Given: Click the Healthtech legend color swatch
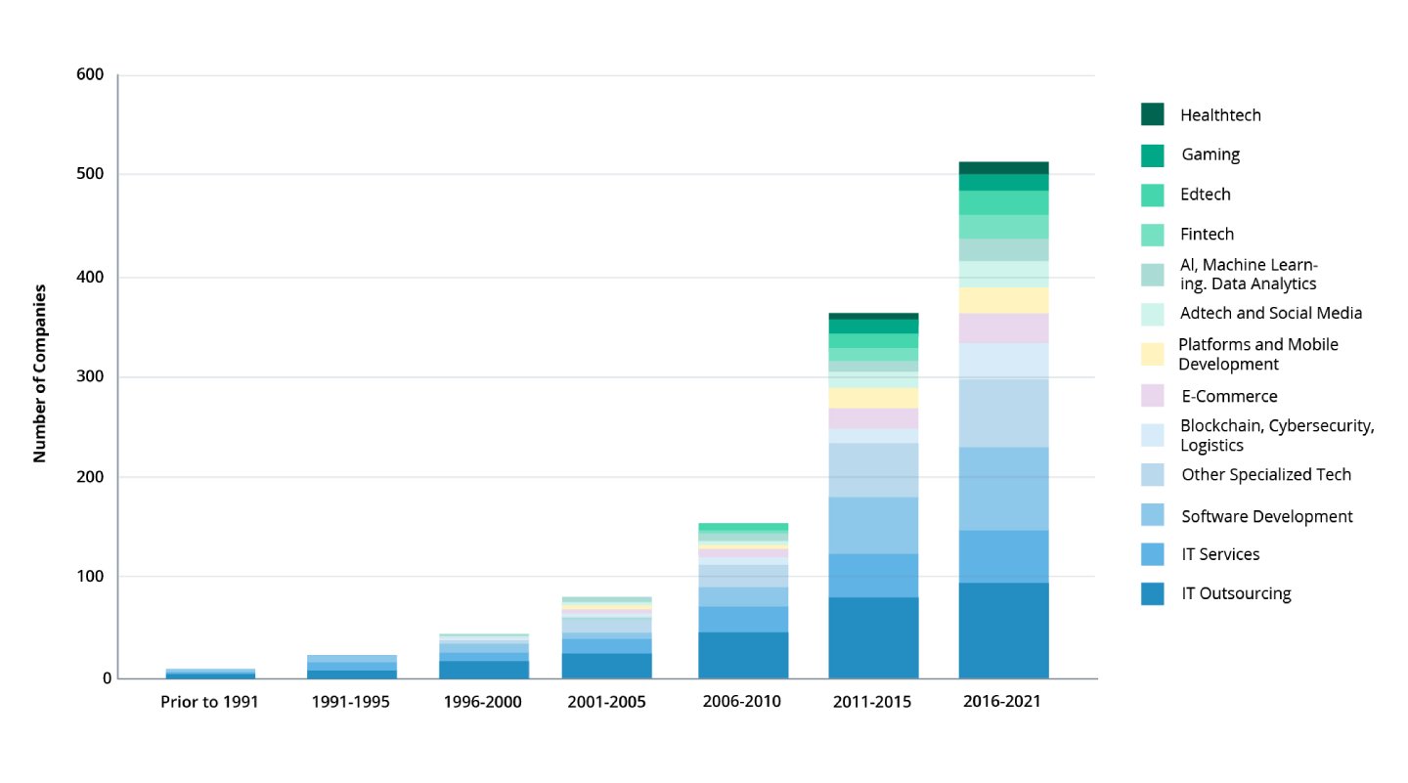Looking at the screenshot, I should pyautogui.click(x=1152, y=114).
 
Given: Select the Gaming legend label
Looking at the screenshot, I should pyautogui.click(x=1210, y=154).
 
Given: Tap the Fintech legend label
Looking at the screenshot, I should pyautogui.click(x=1207, y=235).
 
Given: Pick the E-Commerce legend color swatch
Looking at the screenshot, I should pyautogui.click(x=1152, y=396).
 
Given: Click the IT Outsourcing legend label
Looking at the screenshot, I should pyautogui.click(x=1236, y=593).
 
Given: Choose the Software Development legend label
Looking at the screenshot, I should pyautogui.click(x=1266, y=516).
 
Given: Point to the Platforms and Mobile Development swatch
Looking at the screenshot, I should pyautogui.click(x=1152, y=354).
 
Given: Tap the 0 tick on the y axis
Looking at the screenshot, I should pyautogui.click(x=107, y=678).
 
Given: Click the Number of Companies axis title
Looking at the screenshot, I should pyautogui.click(x=40, y=373).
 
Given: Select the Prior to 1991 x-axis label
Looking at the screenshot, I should pyautogui.click(x=209, y=703).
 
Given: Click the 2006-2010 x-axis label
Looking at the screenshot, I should pyautogui.click(x=742, y=703).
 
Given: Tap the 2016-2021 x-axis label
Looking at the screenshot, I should pyautogui.click(x=1002, y=703).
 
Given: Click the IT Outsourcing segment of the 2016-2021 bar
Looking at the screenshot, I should pyautogui.click(x=1003, y=631).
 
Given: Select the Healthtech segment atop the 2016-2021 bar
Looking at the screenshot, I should pyautogui.click(x=1003, y=167).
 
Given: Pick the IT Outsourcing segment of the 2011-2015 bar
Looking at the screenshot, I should pyautogui.click(x=873, y=637).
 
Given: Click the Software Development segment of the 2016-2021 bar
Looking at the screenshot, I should pyautogui.click(x=1003, y=489).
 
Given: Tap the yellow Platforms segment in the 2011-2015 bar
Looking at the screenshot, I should pyautogui.click(x=873, y=398).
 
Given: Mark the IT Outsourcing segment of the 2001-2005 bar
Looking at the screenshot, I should pyautogui.click(x=606, y=666).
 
